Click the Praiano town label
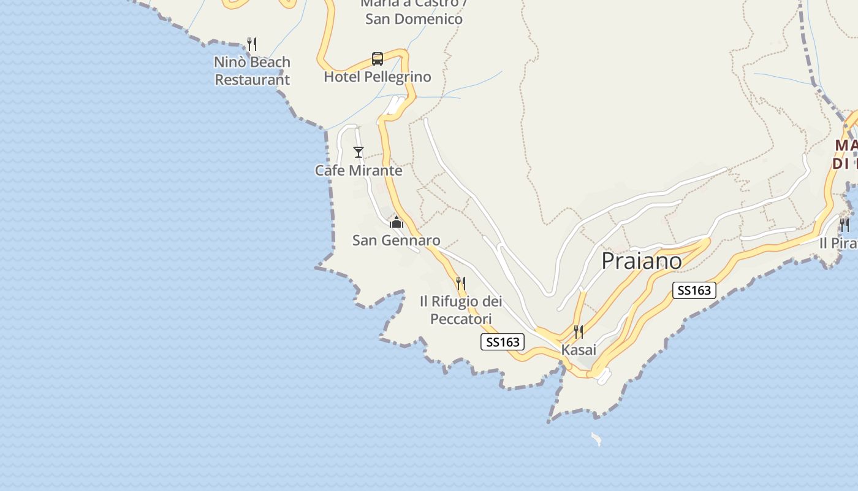[x=641, y=261]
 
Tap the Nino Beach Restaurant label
[x=252, y=71]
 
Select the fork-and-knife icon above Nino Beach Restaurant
[x=251, y=44]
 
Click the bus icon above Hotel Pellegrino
[x=378, y=59]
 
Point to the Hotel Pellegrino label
[x=378, y=77]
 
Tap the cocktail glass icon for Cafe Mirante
[x=359, y=152]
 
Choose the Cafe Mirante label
[x=359, y=171]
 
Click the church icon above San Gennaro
[x=397, y=222]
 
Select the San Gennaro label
[x=396, y=240]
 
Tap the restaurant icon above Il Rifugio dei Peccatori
[x=461, y=283]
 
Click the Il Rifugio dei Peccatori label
[x=461, y=310]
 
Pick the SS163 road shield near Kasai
[x=502, y=342]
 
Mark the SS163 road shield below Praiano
[x=694, y=290]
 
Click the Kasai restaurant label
[x=579, y=350]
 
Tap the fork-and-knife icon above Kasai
[x=579, y=332]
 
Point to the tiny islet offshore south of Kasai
[x=596, y=438]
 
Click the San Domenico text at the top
[x=414, y=19]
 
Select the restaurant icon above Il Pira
[x=845, y=225]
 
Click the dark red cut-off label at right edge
[x=845, y=155]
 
